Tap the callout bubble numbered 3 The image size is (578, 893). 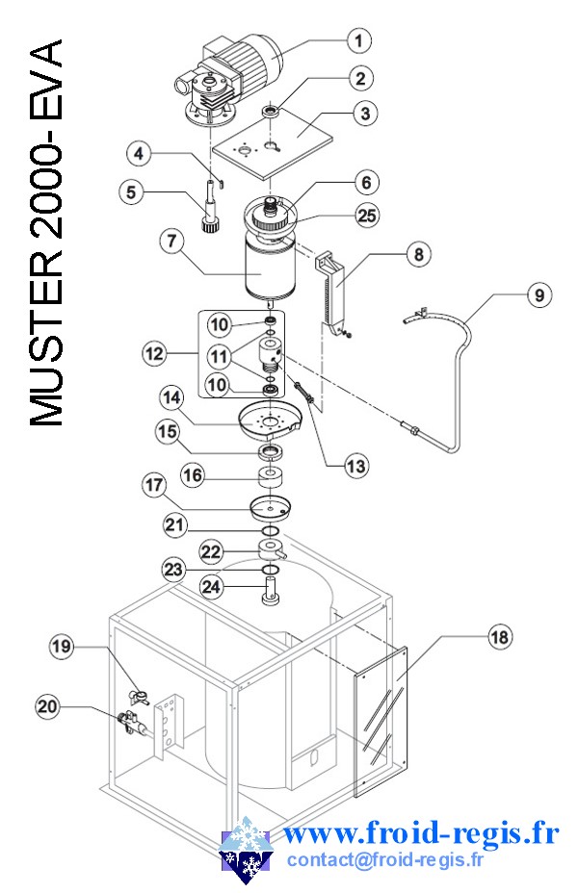364,114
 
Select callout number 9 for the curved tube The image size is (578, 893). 539,295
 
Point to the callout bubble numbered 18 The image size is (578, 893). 500,636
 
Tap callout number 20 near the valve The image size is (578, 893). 47,707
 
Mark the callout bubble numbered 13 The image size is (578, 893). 356,466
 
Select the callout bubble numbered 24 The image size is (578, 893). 213,585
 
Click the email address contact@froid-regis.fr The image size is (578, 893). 385,859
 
